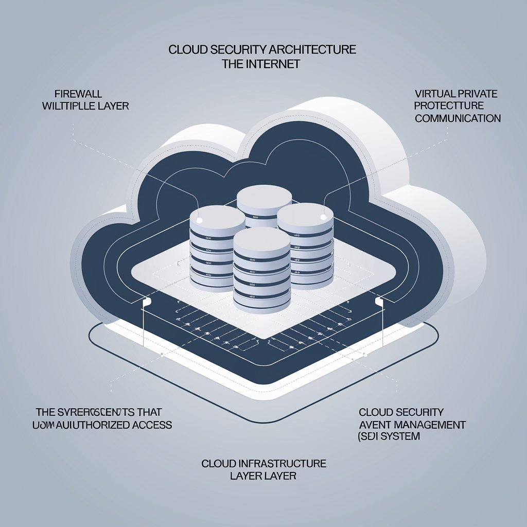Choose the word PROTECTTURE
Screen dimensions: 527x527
tap(450, 106)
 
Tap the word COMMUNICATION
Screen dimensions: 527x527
tap(458, 118)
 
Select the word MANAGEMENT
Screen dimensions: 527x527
tap(435, 425)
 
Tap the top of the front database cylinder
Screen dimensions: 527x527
tap(261, 240)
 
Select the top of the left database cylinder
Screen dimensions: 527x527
tap(217, 216)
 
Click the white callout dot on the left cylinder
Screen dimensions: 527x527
tap(200, 220)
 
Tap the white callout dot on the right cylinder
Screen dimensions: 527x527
tap(323, 217)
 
